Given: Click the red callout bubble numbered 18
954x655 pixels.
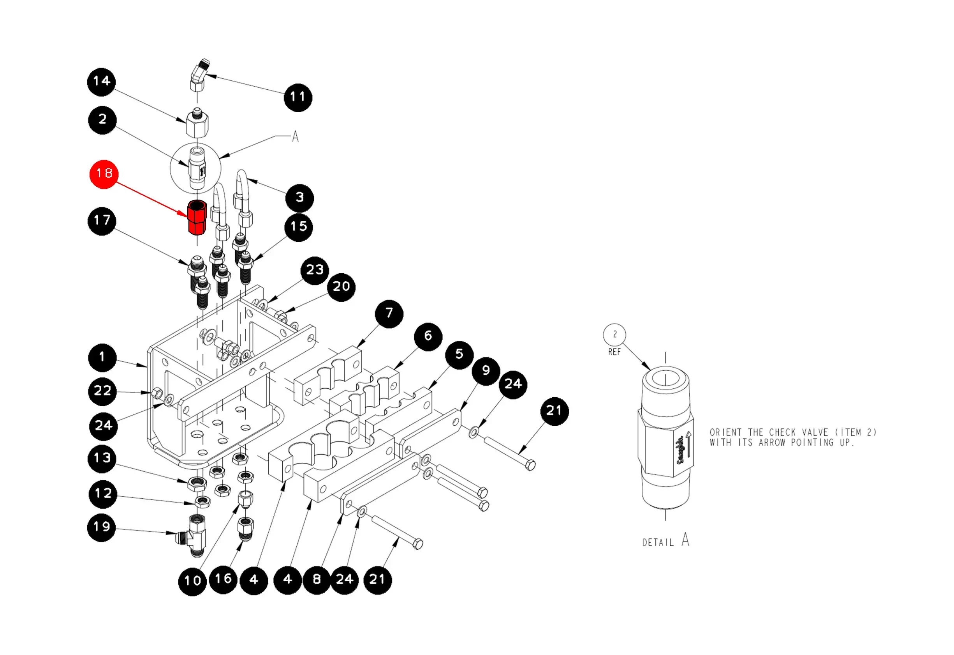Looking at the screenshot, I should tap(104, 174).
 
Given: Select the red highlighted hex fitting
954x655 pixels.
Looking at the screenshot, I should tap(197, 218).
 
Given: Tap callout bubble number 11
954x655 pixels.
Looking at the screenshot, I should tap(298, 97).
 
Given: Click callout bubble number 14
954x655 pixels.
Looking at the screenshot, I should tap(101, 82).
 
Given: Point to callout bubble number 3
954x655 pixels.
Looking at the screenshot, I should tap(300, 198).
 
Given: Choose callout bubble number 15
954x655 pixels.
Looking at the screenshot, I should tap(298, 227).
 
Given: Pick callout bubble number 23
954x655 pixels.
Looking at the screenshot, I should tap(315, 271).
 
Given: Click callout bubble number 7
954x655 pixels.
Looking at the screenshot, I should tap(389, 314).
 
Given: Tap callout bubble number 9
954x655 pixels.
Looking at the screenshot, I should tap(486, 371).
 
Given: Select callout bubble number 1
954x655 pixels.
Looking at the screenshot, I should tap(102, 358).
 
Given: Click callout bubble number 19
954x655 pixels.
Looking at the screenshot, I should tap(101, 527).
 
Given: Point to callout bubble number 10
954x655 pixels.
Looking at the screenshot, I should tap(192, 581).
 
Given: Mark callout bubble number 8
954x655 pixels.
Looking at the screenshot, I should tap(317, 580).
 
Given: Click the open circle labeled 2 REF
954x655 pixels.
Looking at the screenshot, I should tap(614, 335).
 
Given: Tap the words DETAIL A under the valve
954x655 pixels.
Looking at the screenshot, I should tap(665, 541).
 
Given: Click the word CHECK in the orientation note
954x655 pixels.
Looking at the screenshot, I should tap(780, 433).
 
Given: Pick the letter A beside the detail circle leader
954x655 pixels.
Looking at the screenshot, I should tap(295, 136).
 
